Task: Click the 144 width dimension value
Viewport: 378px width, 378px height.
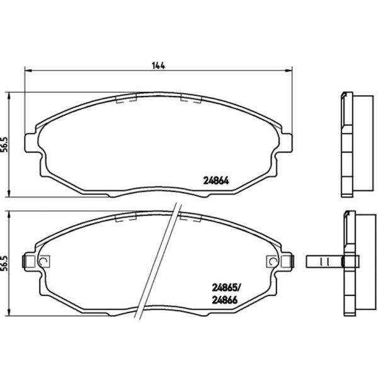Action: (x=158, y=66)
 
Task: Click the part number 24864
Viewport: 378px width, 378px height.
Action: (x=216, y=181)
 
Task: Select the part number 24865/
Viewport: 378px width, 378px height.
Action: (x=226, y=287)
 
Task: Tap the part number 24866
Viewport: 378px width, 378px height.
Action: (x=225, y=300)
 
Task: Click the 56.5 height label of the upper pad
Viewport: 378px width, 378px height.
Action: (x=4, y=145)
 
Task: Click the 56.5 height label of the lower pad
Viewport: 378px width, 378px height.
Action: (x=4, y=263)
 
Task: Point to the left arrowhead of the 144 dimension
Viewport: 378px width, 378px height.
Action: (x=28, y=71)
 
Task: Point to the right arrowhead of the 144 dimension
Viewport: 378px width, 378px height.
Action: (x=289, y=71)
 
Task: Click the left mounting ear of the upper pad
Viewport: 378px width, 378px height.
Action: (x=31, y=143)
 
